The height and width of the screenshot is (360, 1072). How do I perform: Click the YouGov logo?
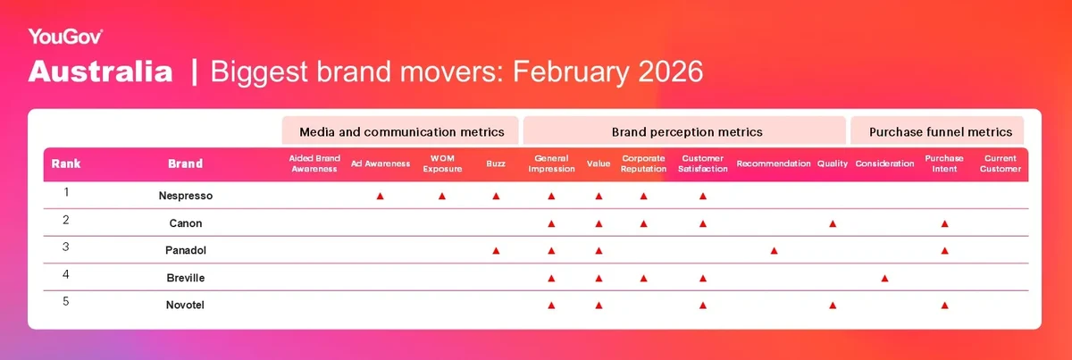point(65,37)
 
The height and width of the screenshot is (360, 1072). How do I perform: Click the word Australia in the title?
point(100,71)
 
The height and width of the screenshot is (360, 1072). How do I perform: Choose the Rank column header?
point(66,163)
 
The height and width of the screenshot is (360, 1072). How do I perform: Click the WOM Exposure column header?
point(442,163)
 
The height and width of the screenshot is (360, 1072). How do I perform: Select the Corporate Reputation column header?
point(644,163)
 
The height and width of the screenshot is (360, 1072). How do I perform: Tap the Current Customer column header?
point(1001,163)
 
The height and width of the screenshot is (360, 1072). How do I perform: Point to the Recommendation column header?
point(774,163)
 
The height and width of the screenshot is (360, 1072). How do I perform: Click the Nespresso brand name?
point(186,196)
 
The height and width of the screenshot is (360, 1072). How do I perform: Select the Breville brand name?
point(186,278)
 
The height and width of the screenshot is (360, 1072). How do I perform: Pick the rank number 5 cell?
point(66,302)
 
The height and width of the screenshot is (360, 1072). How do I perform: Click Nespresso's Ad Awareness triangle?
point(380,197)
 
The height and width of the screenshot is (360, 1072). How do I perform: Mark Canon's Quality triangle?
point(833,223)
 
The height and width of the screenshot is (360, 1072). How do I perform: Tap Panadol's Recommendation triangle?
point(774,251)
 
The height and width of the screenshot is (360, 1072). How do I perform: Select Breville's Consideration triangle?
point(885,278)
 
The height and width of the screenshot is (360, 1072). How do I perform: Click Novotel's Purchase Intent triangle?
point(945,306)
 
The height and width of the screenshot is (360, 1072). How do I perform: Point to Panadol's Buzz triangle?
point(497,251)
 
